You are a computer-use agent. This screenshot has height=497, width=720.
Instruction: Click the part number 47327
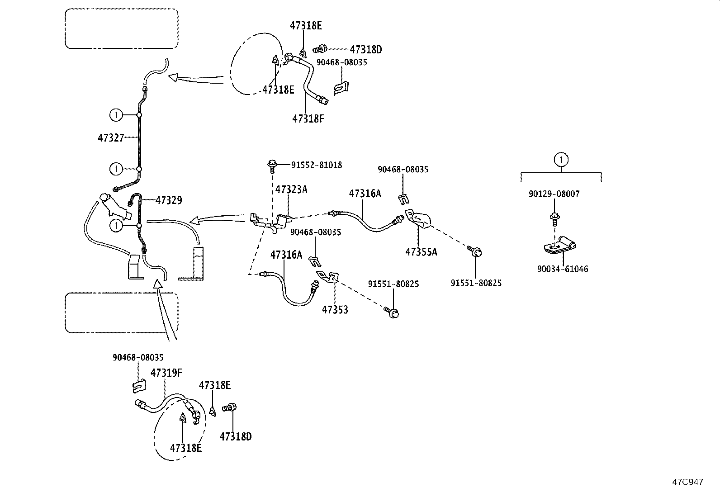111,137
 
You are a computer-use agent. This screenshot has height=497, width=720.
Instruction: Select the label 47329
169,200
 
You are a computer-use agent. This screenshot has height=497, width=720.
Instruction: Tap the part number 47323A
291,189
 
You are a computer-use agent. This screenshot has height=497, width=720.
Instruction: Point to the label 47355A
421,252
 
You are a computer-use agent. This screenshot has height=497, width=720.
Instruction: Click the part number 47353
335,310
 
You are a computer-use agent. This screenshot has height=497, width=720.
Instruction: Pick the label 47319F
166,373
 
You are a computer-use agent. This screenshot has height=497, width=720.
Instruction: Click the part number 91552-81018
316,166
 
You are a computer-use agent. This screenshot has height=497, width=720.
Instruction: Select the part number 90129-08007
554,194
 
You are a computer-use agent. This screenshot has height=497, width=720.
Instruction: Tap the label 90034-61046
563,269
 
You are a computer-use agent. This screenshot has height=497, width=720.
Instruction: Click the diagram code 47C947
687,482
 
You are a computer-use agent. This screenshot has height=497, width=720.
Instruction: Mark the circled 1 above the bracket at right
561,159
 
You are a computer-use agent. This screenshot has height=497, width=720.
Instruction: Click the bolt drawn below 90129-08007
554,218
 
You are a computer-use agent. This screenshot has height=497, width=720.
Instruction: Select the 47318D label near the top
366,50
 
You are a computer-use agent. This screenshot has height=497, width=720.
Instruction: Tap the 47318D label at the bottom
235,436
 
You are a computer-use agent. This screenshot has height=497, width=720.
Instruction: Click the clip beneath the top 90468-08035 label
341,87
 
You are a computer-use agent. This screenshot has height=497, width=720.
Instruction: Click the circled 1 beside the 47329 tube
116,225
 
